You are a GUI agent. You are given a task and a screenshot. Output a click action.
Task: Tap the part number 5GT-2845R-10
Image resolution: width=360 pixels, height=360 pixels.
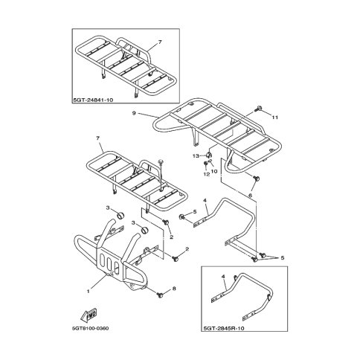[224, 328]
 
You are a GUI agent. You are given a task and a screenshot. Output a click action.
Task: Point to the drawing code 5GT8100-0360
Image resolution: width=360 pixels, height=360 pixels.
[91, 329]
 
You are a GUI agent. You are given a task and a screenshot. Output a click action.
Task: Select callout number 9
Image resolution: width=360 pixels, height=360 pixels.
[134, 113]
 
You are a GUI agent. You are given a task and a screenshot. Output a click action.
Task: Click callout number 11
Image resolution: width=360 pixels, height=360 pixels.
[274, 118]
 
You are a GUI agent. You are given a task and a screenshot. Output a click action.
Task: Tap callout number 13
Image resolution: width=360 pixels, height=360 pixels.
[196, 155]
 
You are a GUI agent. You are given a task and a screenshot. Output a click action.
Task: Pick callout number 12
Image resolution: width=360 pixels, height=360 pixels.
[207, 174]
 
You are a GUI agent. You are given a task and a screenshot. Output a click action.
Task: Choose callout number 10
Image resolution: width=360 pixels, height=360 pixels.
[214, 171]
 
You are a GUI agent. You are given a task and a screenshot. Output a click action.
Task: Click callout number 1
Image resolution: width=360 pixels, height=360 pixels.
[88, 292]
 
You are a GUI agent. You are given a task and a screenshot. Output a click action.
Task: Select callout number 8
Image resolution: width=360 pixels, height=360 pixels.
[174, 289]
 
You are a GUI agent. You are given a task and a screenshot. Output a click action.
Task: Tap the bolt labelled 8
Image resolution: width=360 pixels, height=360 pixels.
[160, 295]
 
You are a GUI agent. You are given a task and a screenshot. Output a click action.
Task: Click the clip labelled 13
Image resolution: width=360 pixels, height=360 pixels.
[209, 155]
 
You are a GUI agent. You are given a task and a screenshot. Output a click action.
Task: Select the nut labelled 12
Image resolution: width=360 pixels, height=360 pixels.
[206, 164]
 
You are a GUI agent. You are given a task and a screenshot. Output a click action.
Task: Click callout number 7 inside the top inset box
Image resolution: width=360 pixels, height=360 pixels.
[160, 42]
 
